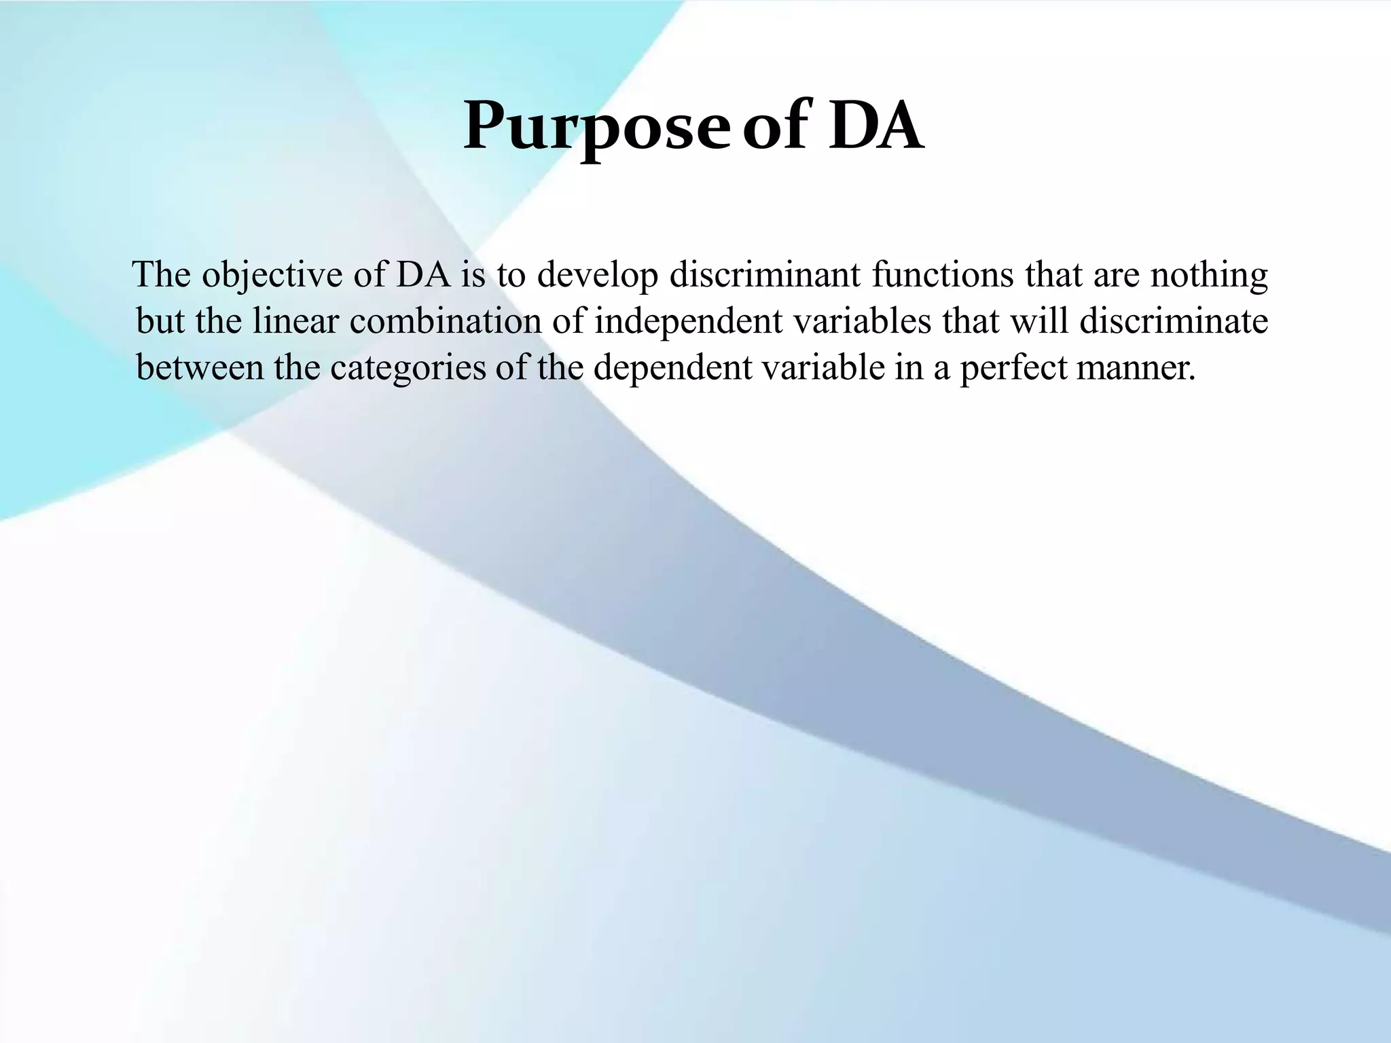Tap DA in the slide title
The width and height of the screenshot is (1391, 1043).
point(875,126)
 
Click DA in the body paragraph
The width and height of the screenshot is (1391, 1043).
point(423,274)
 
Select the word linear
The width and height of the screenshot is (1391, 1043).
point(295,321)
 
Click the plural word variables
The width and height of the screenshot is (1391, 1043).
point(863,321)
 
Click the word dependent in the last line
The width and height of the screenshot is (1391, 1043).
point(672,368)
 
